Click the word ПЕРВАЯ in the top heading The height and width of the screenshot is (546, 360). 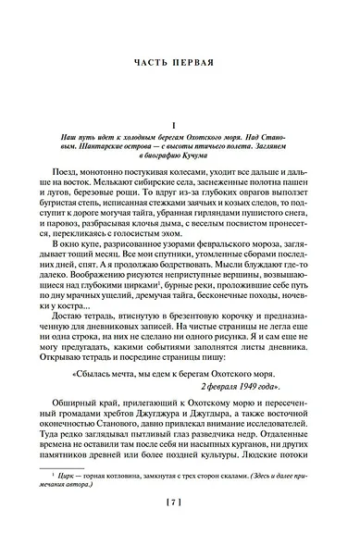point(198,65)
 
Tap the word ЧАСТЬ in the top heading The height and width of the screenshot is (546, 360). point(152,65)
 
